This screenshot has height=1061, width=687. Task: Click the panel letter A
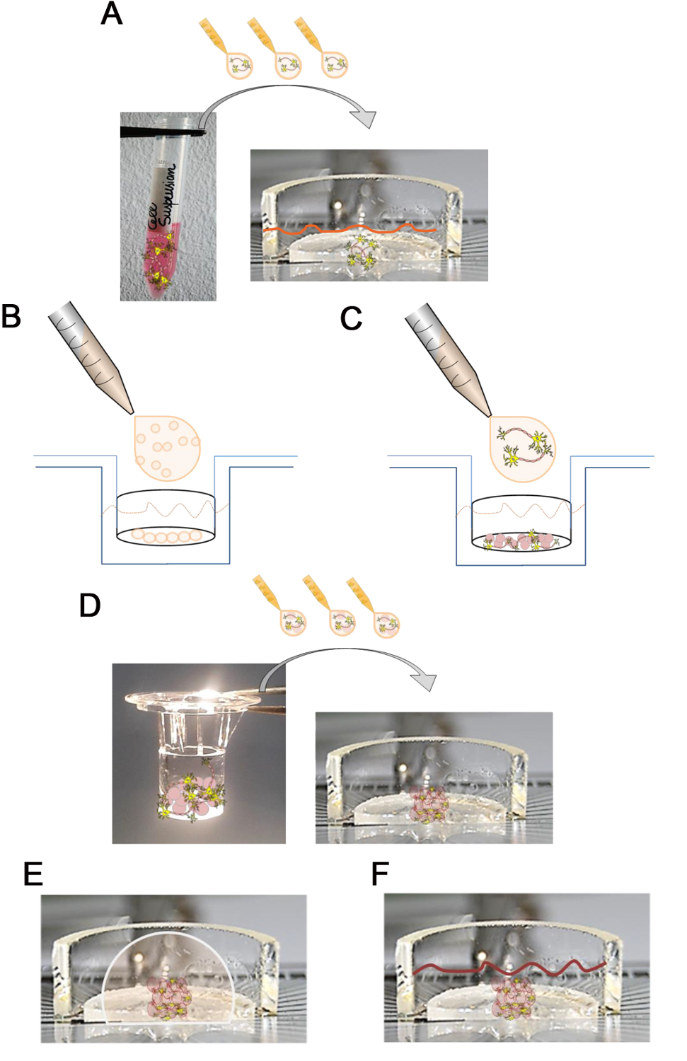click(x=112, y=14)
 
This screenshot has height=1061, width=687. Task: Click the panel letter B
click(x=11, y=316)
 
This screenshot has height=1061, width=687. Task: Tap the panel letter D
click(x=90, y=605)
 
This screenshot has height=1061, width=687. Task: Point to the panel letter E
click(x=33, y=874)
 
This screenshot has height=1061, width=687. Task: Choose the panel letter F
click(x=380, y=874)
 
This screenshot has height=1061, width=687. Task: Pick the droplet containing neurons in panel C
click(x=522, y=448)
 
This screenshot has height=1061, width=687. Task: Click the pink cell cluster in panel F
click(x=513, y=997)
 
